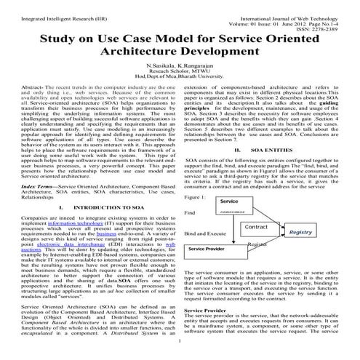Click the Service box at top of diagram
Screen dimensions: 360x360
[229, 201]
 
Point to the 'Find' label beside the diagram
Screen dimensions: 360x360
[191, 212]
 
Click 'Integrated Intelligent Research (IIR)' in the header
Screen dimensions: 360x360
[51, 8]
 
